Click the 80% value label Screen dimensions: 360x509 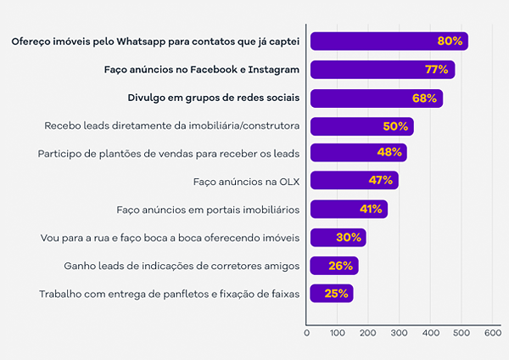(x=450, y=41)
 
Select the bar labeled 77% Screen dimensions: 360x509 (x=383, y=70)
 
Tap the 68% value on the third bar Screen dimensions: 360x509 (x=424, y=98)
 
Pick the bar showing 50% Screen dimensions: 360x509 (x=361, y=127)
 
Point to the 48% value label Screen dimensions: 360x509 (x=389, y=153)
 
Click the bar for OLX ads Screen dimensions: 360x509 (x=354, y=180)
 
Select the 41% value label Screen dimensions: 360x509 (x=372, y=209)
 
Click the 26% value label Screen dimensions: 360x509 (x=341, y=266)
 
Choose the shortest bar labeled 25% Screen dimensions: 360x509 (x=331, y=294)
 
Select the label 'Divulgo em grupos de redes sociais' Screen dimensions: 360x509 (x=213, y=98)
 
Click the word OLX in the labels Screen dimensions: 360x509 (x=289, y=181)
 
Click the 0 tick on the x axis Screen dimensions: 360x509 (x=306, y=333)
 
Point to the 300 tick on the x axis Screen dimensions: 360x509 (x=399, y=333)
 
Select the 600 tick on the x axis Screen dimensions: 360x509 (x=492, y=333)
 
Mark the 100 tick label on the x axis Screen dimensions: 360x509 (x=337, y=333)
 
